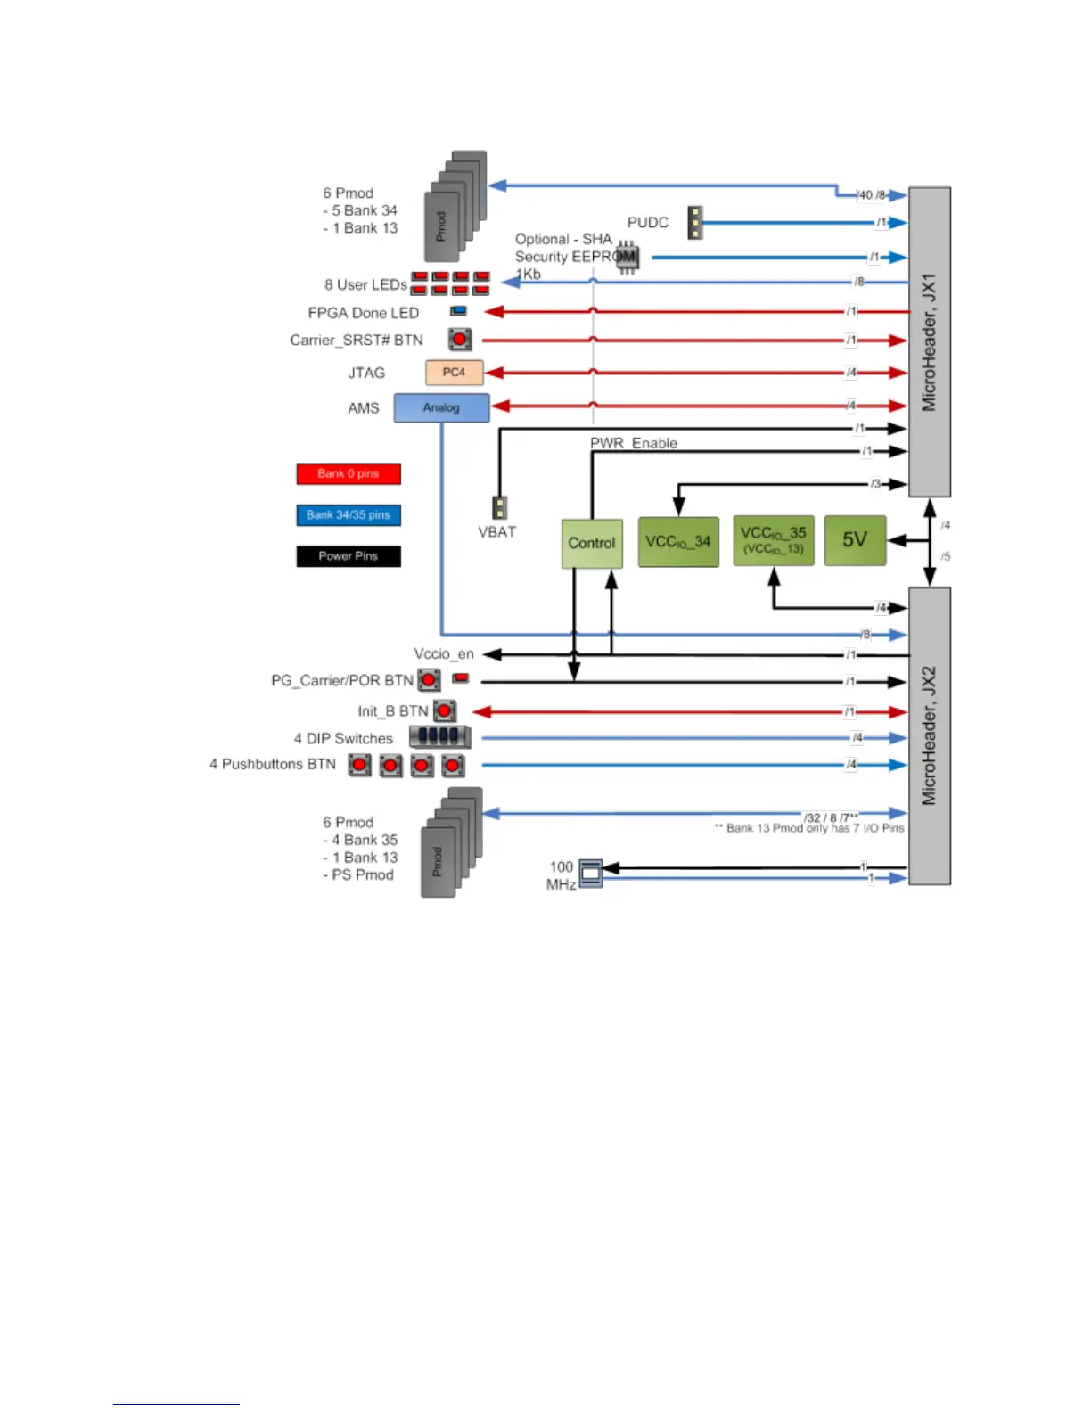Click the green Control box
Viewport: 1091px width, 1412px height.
[x=592, y=543]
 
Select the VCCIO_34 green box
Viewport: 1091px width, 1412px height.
[x=678, y=541]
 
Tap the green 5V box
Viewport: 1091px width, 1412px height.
[x=855, y=539]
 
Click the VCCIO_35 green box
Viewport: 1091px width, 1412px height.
[x=773, y=540]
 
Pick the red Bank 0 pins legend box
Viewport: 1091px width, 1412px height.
[x=349, y=473]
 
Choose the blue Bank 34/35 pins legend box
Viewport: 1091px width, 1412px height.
[x=349, y=514]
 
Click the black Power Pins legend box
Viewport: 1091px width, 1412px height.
[x=349, y=555]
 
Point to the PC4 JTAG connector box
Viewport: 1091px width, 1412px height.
[x=454, y=372]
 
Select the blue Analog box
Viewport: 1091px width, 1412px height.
[x=441, y=407]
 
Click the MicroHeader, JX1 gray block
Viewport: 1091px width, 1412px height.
[x=929, y=341]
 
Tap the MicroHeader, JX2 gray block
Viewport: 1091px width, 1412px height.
[x=929, y=735]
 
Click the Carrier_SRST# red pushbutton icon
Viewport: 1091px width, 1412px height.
[x=460, y=340]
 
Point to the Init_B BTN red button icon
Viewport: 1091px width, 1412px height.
[x=445, y=711]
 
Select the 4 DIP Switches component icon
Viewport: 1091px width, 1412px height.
[x=439, y=736]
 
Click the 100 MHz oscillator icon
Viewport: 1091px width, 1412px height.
[x=590, y=874]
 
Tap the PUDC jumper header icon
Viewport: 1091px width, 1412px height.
[x=695, y=223]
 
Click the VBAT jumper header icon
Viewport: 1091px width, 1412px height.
[x=500, y=507]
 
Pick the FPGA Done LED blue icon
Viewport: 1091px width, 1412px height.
[x=459, y=311]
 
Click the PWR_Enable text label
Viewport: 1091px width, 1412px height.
[x=634, y=443]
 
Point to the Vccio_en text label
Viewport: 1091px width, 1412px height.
[x=444, y=654]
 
